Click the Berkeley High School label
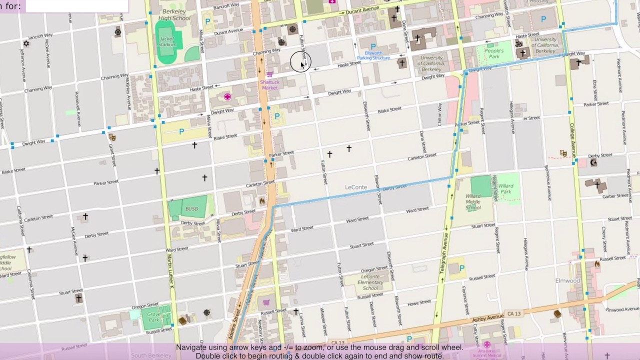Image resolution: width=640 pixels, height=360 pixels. pyautogui.click(x=174, y=14)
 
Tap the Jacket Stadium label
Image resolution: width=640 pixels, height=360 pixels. pyautogui.click(x=167, y=41)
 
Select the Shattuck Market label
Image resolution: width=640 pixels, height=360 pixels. pyautogui.click(x=269, y=84)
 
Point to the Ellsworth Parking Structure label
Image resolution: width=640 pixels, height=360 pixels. pyautogui.click(x=373, y=55)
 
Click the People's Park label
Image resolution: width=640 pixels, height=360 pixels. pyautogui.click(x=493, y=53)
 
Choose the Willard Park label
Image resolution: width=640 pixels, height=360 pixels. pyautogui.click(x=505, y=189)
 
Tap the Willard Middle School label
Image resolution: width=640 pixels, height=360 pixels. pyautogui.click(x=473, y=202)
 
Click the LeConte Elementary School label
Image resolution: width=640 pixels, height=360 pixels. pyautogui.click(x=370, y=282)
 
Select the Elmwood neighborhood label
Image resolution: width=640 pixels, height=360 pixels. pyautogui.click(x=567, y=280)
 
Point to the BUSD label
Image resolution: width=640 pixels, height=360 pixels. pyautogui.click(x=191, y=209)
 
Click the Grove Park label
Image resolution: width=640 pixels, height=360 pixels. pyautogui.click(x=153, y=316)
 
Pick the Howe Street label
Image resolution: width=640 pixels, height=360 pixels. pyautogui.click(x=419, y=302)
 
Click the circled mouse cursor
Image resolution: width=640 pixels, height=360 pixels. pyautogui.click(x=300, y=62)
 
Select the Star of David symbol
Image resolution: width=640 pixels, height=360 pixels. pyautogui.click(x=26, y=43)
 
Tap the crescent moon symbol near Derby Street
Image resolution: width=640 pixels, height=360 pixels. pyautogui.click(x=593, y=162)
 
